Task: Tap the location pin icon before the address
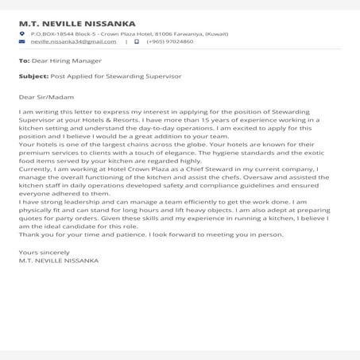pos(23,35)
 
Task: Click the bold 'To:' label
pos(24,60)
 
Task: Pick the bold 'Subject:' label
pos(34,76)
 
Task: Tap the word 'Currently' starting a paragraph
pos(34,168)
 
